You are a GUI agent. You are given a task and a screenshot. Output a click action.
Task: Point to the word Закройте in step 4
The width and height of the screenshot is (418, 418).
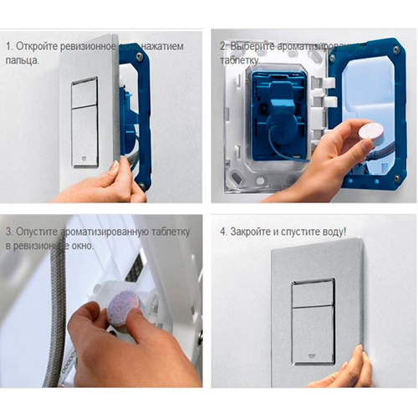tap(254, 230)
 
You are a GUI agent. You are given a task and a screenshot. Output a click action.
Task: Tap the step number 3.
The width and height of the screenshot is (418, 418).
tap(7, 230)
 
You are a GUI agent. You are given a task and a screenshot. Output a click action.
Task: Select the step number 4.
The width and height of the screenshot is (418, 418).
tap(223, 230)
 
